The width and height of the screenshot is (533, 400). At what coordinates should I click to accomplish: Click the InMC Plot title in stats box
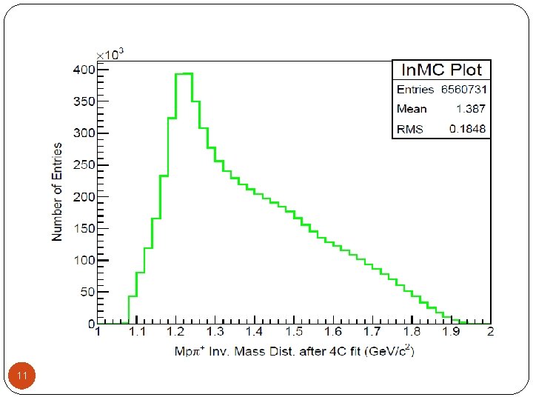pos(441,70)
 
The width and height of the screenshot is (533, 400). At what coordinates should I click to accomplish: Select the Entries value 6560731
pos(464,90)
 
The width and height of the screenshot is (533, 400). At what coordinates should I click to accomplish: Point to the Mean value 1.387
pos(471,109)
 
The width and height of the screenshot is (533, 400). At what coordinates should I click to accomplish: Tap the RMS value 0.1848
pos(467,129)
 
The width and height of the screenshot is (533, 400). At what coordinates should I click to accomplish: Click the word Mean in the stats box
pos(412,109)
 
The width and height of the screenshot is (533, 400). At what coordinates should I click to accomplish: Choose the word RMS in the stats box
pos(410,129)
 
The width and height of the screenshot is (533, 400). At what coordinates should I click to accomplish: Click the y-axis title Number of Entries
pos(57,192)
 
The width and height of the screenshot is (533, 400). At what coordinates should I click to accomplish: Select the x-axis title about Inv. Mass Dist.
pos(295,350)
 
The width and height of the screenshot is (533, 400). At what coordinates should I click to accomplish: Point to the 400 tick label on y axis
pos(84,70)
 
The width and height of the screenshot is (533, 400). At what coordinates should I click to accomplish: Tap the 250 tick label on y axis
pos(84,165)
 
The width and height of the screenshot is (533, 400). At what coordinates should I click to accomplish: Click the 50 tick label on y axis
pos(87,292)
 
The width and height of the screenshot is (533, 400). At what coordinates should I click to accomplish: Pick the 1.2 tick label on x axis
pos(175,331)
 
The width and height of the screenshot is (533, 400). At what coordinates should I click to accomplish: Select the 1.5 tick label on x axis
pos(294,331)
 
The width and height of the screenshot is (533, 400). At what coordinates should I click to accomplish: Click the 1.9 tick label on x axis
pos(451,331)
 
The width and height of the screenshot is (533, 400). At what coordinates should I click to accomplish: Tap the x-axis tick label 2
pos(490,331)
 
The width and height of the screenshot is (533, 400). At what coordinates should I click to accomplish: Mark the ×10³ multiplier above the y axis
pos(110,54)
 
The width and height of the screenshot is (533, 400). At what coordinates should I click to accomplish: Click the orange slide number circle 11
pos(21,376)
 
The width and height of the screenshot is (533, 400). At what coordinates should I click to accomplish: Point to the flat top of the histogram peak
pos(184,73)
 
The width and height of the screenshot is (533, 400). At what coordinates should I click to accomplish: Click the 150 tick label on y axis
pos(84,229)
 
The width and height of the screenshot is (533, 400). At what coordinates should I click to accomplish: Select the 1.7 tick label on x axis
pos(372,331)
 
